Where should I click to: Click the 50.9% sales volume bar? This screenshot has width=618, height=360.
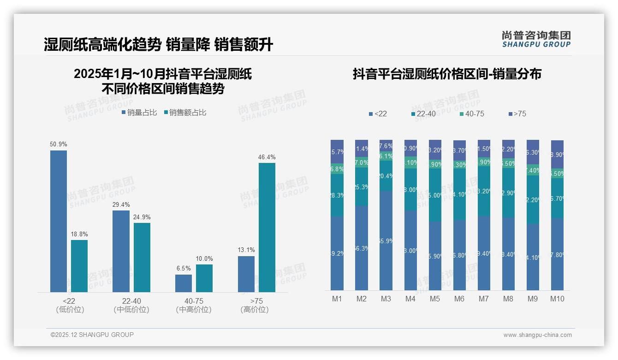click(x=59, y=221)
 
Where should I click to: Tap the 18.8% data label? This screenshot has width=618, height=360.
click(x=79, y=234)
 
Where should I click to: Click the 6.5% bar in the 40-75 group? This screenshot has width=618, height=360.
click(x=184, y=283)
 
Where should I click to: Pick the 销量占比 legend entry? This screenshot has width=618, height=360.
click(x=140, y=112)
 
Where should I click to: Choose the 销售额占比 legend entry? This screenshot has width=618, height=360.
click(x=185, y=112)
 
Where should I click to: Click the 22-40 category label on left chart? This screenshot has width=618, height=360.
click(x=131, y=301)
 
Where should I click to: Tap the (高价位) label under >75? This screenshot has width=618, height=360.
click(x=255, y=310)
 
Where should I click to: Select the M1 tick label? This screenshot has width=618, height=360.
click(x=337, y=299)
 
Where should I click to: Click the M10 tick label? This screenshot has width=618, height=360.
click(x=557, y=299)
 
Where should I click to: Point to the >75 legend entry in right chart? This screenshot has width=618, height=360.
click(x=517, y=114)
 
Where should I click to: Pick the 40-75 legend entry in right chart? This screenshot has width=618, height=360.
click(x=472, y=114)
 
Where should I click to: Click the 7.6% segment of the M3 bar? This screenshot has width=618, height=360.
click(x=386, y=146)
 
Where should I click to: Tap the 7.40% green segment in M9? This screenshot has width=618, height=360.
click(x=533, y=170)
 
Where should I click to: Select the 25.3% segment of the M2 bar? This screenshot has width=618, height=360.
click(x=362, y=186)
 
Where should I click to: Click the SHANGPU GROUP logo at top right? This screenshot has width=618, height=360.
click(x=536, y=39)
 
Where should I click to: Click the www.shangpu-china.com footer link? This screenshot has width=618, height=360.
click(x=537, y=335)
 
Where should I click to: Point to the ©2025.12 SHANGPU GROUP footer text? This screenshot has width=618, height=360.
click(x=92, y=335)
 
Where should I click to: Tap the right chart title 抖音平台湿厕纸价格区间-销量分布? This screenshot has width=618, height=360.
click(x=447, y=74)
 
